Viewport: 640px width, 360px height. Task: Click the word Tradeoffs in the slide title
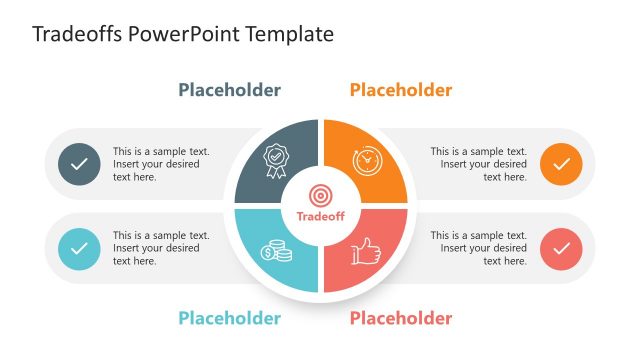coord(75,34)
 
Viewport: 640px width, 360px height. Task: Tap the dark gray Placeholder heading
coord(230,90)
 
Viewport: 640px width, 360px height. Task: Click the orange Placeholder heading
coord(401,90)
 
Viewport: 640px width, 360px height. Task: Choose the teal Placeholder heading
coord(230,318)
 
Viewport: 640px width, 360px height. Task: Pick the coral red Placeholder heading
coord(401,318)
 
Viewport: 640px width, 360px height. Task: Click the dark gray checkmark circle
coord(79,164)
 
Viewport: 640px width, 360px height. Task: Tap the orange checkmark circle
coord(561,164)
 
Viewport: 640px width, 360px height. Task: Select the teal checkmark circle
coord(79,247)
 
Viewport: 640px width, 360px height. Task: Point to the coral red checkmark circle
coord(561,247)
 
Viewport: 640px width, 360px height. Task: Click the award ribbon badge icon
coord(275,160)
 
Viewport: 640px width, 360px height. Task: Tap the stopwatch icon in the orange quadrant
coord(367,160)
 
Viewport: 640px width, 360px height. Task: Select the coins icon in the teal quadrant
coord(276,250)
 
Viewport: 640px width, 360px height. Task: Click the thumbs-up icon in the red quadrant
coord(367,251)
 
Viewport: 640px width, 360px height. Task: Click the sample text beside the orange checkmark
coord(479,164)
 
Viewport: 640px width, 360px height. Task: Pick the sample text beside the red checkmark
coord(479,248)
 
